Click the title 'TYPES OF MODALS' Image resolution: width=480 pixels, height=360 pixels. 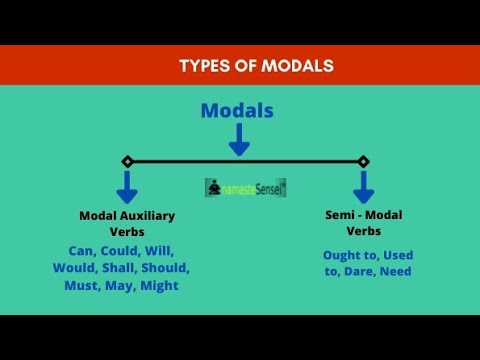click(x=256, y=66)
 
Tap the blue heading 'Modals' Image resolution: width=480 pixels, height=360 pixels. click(x=237, y=111)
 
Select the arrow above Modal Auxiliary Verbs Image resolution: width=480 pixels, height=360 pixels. click(x=127, y=186)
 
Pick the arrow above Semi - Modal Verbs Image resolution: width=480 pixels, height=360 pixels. click(x=363, y=186)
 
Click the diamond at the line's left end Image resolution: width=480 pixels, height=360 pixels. click(x=127, y=161)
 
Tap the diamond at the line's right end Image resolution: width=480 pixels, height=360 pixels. click(x=363, y=161)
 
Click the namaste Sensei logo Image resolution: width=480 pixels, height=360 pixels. click(x=245, y=187)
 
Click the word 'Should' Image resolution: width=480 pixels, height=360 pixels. click(x=165, y=268)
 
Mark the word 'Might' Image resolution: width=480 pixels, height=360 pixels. click(x=159, y=286)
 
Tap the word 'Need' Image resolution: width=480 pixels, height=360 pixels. click(x=394, y=271)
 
